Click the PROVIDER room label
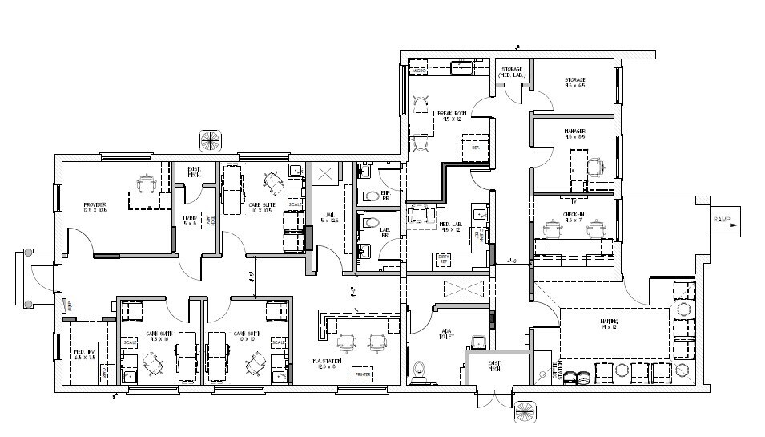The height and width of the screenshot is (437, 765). pyautogui.click(x=95, y=207)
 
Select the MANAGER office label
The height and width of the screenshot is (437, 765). pyautogui.click(x=574, y=133)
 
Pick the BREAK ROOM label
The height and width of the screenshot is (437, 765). pyautogui.click(x=451, y=116)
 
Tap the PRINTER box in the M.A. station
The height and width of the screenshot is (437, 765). pyautogui.click(x=362, y=374)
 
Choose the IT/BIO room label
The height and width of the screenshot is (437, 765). pyautogui.click(x=190, y=221)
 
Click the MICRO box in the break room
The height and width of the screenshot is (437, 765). pyautogui.click(x=419, y=71)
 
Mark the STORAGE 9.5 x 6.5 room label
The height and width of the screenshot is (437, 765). pyautogui.click(x=574, y=83)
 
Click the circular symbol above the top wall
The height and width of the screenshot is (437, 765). pyautogui.click(x=210, y=140)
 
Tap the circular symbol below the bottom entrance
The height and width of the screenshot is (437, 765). pyautogui.click(x=525, y=411)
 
